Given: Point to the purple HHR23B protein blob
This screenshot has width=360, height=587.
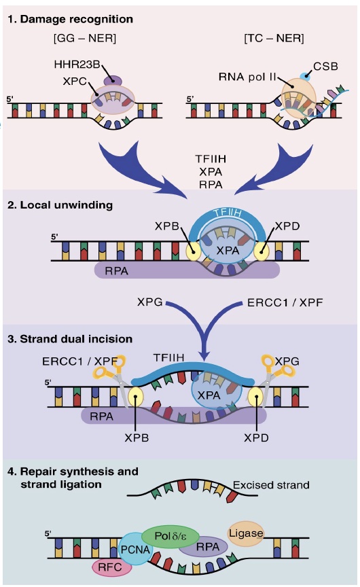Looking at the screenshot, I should tap(112, 81).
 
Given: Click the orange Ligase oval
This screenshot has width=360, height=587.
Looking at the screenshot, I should tap(246, 533).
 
